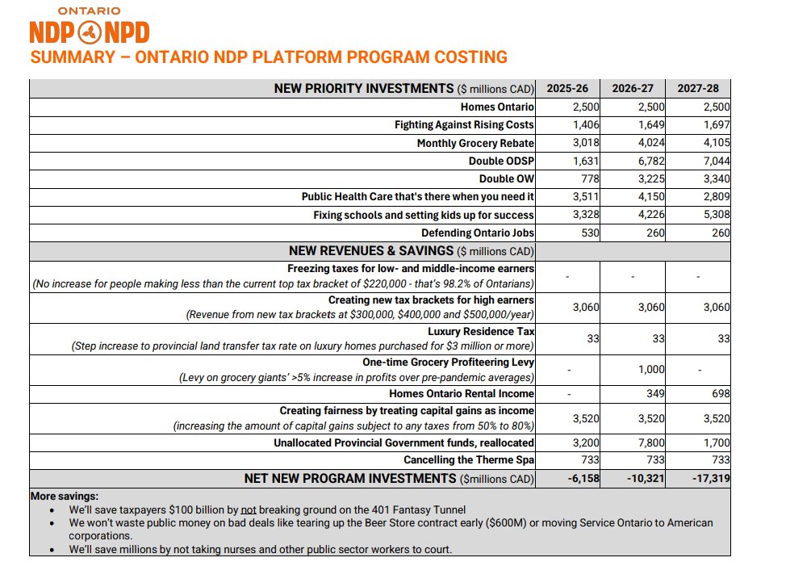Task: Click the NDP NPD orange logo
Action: click(89, 31)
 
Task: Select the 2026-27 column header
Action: click(633, 89)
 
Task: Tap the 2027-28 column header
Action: click(698, 89)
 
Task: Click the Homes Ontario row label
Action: click(497, 107)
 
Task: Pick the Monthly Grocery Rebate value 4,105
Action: click(713, 143)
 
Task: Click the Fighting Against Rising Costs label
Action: click(464, 125)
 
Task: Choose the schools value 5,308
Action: click(713, 215)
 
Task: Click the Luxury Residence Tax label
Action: click(481, 332)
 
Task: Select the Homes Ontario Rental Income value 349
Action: click(654, 393)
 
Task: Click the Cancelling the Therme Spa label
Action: click(469, 460)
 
